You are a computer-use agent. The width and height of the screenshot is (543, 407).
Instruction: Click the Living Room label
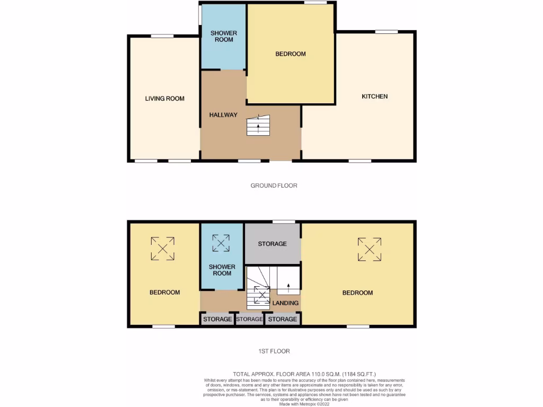pos(164,99)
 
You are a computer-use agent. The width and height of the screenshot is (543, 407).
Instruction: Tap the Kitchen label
pos(374,96)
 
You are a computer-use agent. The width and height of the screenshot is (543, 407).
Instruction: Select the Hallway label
pos(223,115)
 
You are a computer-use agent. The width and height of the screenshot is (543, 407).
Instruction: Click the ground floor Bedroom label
pos(291,54)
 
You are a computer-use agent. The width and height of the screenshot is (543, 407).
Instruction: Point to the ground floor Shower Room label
pos(224,37)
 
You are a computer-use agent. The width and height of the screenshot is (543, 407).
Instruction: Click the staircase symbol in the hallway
pos(259,126)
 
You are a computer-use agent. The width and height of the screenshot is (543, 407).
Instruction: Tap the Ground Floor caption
pos(274,185)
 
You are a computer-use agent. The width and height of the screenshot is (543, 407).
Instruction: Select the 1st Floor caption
pos(274,351)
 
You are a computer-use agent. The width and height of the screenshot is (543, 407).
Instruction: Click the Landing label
pos(285,303)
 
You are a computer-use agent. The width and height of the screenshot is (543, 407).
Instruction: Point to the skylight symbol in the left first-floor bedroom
pos(162,249)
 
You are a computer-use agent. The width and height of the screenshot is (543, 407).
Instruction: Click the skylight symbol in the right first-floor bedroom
pos(370,249)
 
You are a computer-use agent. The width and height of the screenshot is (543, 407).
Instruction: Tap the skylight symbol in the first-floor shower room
pos(222,243)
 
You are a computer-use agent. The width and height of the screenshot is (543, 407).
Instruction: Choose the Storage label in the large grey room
pos(272,244)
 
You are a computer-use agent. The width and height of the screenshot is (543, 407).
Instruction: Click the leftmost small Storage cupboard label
pos(216,320)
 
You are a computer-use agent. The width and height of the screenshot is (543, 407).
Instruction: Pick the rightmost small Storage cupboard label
pos(282,320)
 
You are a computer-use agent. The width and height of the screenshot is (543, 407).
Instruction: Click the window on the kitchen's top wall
pos(387,32)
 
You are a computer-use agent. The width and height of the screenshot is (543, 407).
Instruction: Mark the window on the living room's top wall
pos(162,36)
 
